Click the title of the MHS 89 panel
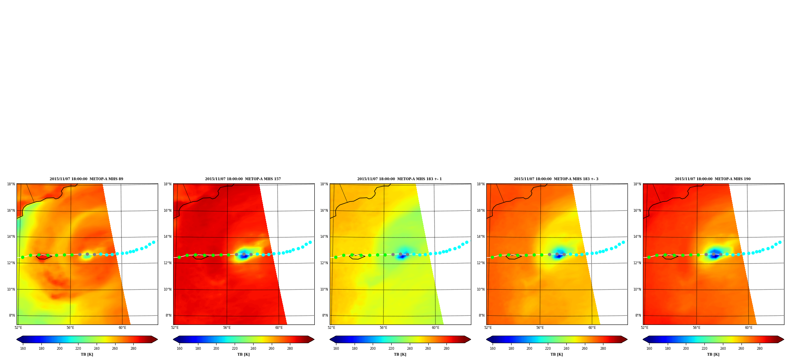(x=86, y=179)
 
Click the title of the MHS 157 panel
(x=243, y=179)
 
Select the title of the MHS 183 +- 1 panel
(x=400, y=179)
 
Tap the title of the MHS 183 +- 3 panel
(x=556, y=179)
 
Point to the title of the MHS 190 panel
(x=713, y=179)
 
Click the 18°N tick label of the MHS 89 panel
(x=11, y=184)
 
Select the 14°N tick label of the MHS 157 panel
(x=167, y=237)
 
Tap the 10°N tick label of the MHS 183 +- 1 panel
(x=324, y=289)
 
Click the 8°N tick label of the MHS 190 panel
(x=638, y=315)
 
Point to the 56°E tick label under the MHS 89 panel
(x=70, y=328)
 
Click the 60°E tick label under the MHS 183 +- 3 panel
(x=592, y=328)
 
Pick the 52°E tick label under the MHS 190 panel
(x=644, y=328)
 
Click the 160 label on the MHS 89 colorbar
(x=23, y=349)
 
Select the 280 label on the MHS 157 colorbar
(x=290, y=349)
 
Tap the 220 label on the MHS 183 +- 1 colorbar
(x=391, y=349)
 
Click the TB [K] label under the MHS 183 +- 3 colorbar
(x=556, y=354)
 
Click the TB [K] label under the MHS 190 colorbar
(x=713, y=354)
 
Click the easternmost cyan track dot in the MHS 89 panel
(x=153, y=242)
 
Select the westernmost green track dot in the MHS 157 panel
(x=179, y=257)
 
